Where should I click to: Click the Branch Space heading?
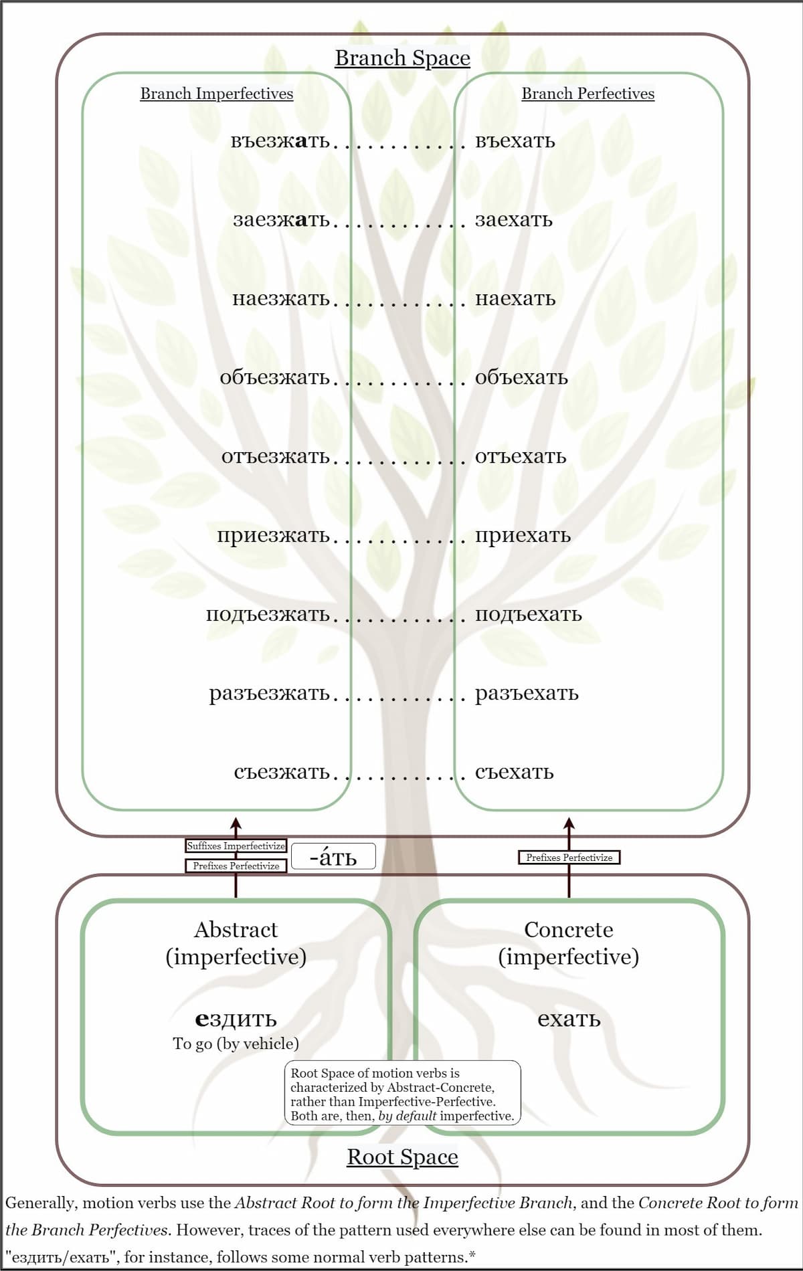click(402, 58)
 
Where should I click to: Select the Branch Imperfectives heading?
click(216, 94)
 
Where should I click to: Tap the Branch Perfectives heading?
click(588, 94)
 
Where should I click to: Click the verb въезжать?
click(280, 141)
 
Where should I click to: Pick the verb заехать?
click(513, 220)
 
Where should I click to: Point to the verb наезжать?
click(280, 299)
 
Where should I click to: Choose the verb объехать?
click(521, 378)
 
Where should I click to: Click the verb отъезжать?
click(275, 457)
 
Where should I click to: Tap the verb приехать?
click(523, 536)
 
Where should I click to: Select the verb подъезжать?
click(268, 615)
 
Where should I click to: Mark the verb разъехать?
click(527, 694)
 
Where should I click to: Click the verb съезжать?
click(281, 773)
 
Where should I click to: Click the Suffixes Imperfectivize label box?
click(236, 846)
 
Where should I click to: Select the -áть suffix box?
click(333, 856)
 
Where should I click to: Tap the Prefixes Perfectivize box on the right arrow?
click(569, 858)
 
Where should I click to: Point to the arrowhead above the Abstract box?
click(235, 823)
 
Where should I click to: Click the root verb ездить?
click(236, 1019)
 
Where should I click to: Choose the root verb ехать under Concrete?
click(569, 1019)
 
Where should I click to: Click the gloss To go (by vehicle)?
click(236, 1044)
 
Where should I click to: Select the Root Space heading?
click(402, 1157)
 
